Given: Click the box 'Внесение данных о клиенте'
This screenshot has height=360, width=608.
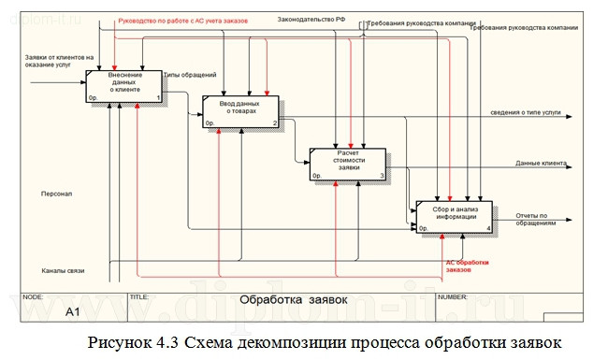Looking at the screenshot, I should coord(124,86).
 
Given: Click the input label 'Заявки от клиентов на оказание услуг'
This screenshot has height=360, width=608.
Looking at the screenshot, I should coord(60,63).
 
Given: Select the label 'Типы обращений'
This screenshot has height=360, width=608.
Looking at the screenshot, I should coord(190,75).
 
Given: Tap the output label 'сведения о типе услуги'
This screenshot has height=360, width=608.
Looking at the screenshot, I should coord(525,112).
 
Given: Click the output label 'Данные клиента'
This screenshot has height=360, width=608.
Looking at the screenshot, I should coord(542,164).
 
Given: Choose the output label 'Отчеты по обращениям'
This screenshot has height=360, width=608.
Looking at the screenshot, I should coord(536,220).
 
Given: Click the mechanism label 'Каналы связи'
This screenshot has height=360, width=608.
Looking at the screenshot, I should coord(63,270).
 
